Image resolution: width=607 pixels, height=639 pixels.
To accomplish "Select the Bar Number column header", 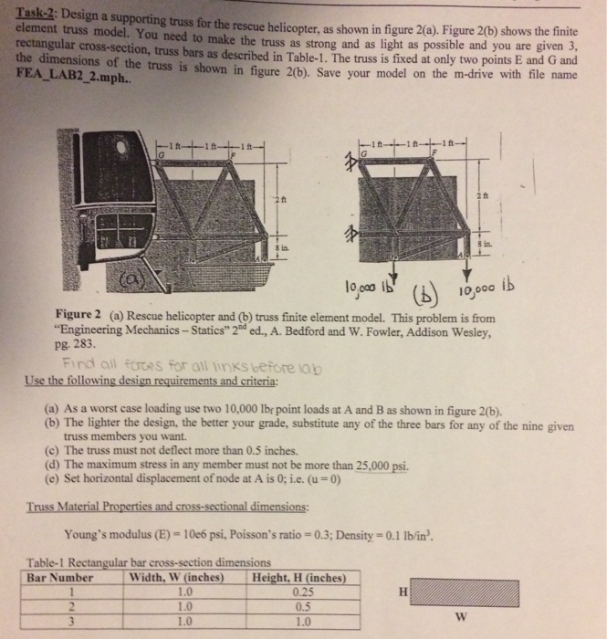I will pyautogui.click(x=62, y=578).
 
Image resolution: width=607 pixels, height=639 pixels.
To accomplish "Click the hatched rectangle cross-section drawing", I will pyautogui.click(x=487, y=592).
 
